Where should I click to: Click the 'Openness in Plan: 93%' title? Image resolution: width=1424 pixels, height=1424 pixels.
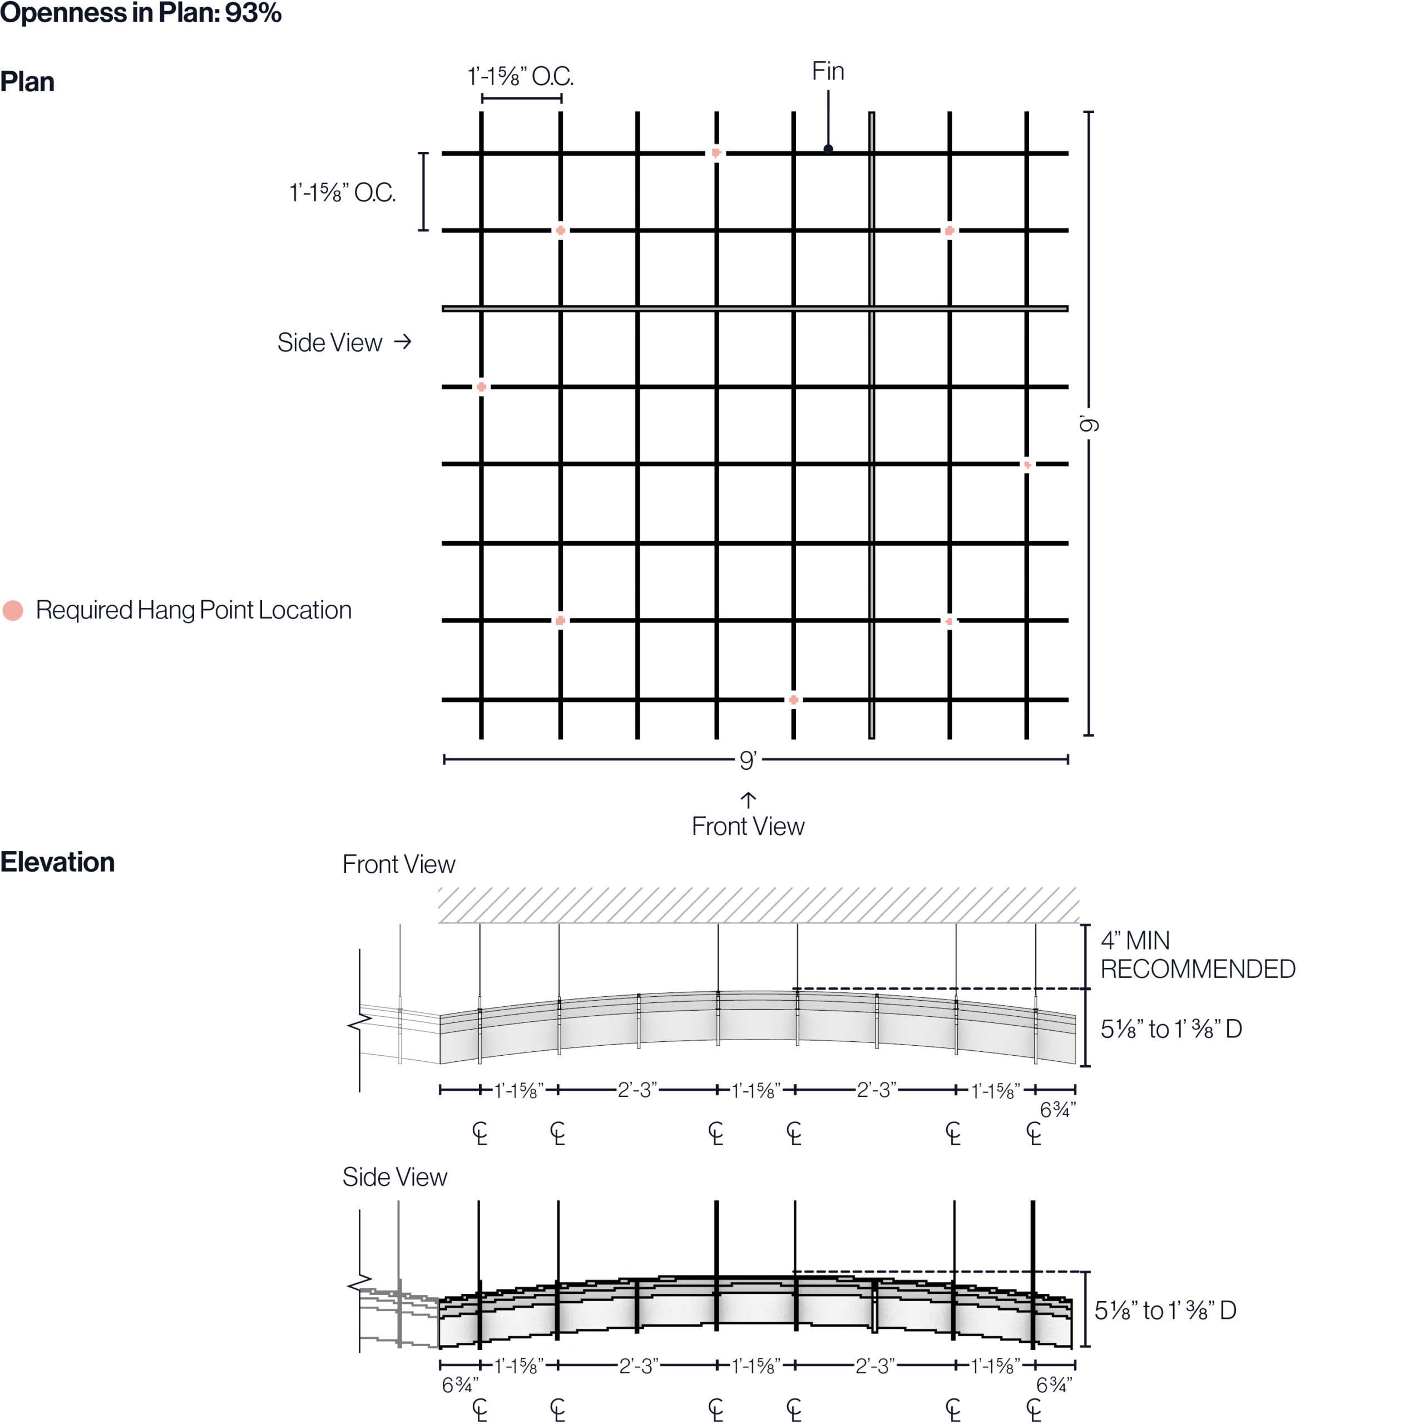point(140,13)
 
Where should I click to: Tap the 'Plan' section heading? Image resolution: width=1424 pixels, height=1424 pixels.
point(27,82)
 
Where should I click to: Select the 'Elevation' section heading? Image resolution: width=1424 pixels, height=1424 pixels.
point(57,862)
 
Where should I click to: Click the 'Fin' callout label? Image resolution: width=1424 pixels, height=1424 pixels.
point(828,72)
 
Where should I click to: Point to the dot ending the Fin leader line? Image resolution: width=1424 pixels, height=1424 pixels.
point(828,149)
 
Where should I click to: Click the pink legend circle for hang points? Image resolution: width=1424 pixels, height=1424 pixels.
point(13,610)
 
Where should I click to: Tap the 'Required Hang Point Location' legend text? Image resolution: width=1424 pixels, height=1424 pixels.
point(194,610)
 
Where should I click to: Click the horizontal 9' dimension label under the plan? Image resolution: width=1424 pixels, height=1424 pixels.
point(748,760)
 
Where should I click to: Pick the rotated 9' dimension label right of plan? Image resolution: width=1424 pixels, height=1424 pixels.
point(1089,424)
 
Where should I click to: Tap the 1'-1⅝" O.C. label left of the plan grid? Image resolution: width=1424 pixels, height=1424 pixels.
point(343,193)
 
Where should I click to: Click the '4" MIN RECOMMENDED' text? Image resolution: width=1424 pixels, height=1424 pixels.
point(1197,955)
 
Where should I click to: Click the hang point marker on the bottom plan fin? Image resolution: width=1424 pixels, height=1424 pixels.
point(793,699)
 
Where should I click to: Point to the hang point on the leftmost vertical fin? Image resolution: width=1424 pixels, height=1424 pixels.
point(481,387)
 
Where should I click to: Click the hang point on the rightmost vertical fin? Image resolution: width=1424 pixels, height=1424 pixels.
point(1027,465)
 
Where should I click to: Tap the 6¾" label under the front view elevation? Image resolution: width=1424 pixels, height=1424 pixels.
point(1057,1109)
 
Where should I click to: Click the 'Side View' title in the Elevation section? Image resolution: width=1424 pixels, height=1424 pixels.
point(394,1177)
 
